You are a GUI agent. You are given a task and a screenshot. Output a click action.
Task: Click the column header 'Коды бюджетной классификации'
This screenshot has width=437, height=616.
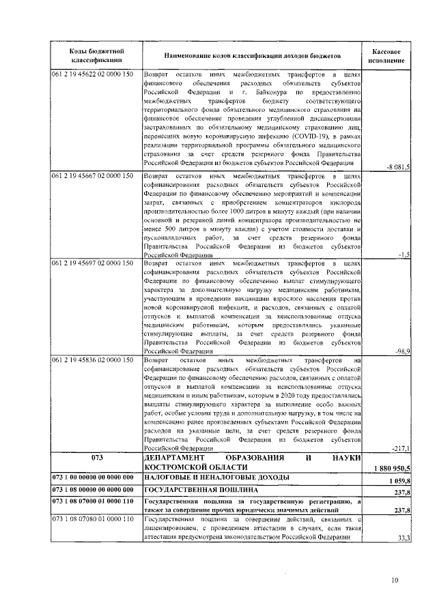click(x=96, y=56)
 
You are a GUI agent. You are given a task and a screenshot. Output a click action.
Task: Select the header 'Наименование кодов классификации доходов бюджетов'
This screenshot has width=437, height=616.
click(x=251, y=56)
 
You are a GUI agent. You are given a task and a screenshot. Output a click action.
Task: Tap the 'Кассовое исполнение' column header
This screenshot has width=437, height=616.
click(x=386, y=56)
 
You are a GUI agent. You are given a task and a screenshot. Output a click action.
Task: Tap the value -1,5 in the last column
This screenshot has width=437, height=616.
click(x=403, y=254)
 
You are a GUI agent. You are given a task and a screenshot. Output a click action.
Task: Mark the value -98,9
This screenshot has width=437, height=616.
click(x=401, y=351)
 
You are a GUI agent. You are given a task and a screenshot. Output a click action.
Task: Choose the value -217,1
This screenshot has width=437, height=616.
click(x=400, y=448)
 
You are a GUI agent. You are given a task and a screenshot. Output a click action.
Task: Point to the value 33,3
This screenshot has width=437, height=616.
click(x=402, y=538)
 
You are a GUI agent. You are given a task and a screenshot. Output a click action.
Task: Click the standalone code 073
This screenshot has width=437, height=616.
click(x=96, y=458)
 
